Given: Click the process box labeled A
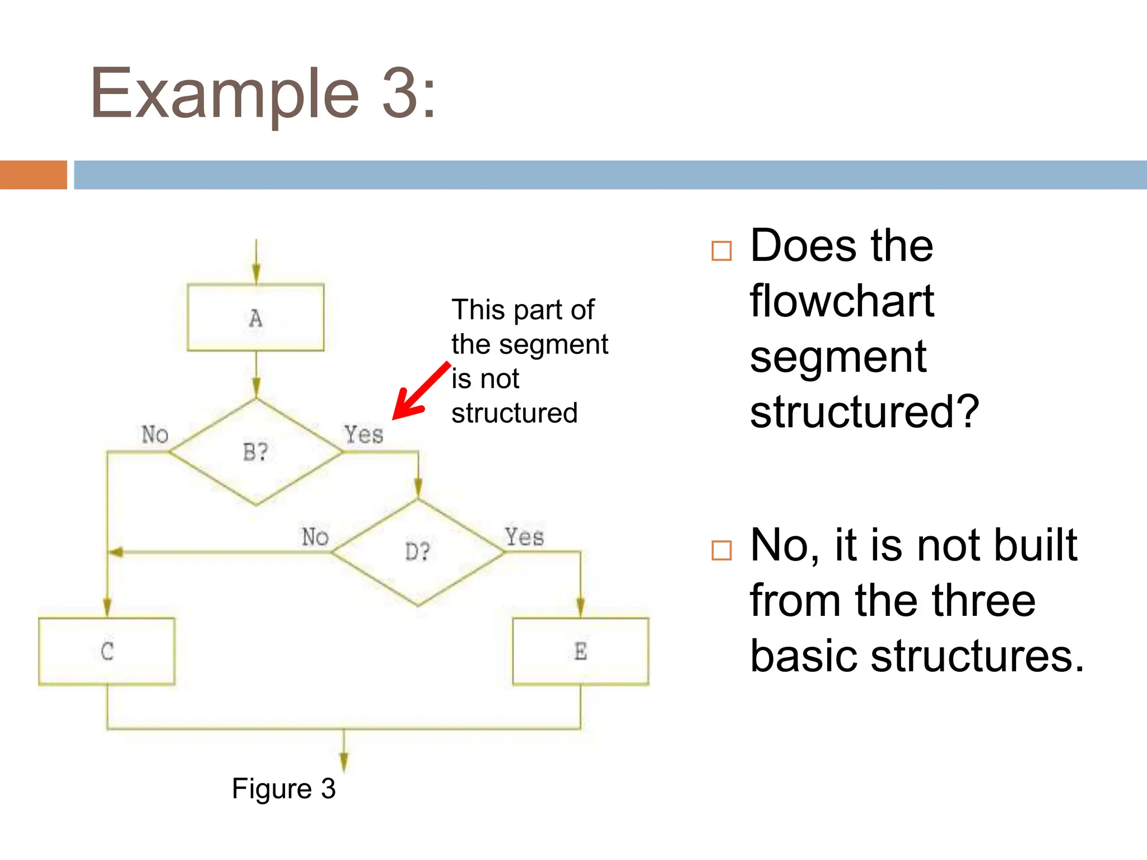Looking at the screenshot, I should (255, 317).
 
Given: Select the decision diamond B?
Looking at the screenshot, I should (255, 451).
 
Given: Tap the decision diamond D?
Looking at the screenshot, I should (417, 552).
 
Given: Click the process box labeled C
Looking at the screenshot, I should (106, 651).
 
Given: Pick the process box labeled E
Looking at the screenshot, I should (580, 651).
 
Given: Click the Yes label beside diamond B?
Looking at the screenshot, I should (363, 434).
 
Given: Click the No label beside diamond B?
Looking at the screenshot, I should (155, 434).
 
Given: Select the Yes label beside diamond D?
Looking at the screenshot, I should (524, 536).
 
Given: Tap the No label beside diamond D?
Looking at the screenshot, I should (315, 537).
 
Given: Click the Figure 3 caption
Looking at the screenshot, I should (283, 788).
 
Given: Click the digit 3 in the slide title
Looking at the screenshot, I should (400, 93).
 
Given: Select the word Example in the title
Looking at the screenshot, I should (225, 94).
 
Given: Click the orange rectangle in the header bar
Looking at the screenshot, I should (34, 175).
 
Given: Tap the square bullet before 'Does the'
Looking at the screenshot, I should (721, 251).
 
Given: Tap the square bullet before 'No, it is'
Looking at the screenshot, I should (721, 550).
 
